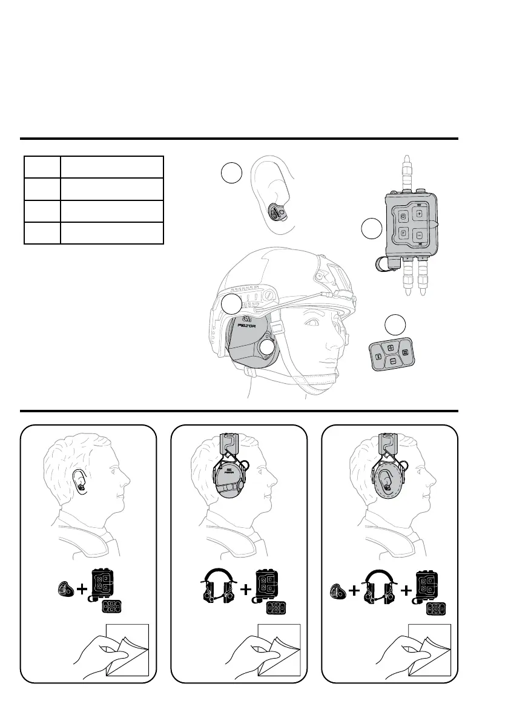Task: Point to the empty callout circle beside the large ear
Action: point(231,174)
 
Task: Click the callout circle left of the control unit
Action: point(371,229)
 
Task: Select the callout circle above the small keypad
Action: point(397,325)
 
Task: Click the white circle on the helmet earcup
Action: point(268,347)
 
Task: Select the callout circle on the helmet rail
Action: point(231,305)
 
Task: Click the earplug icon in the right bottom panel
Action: point(337,590)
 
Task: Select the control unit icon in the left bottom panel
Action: point(101,585)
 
